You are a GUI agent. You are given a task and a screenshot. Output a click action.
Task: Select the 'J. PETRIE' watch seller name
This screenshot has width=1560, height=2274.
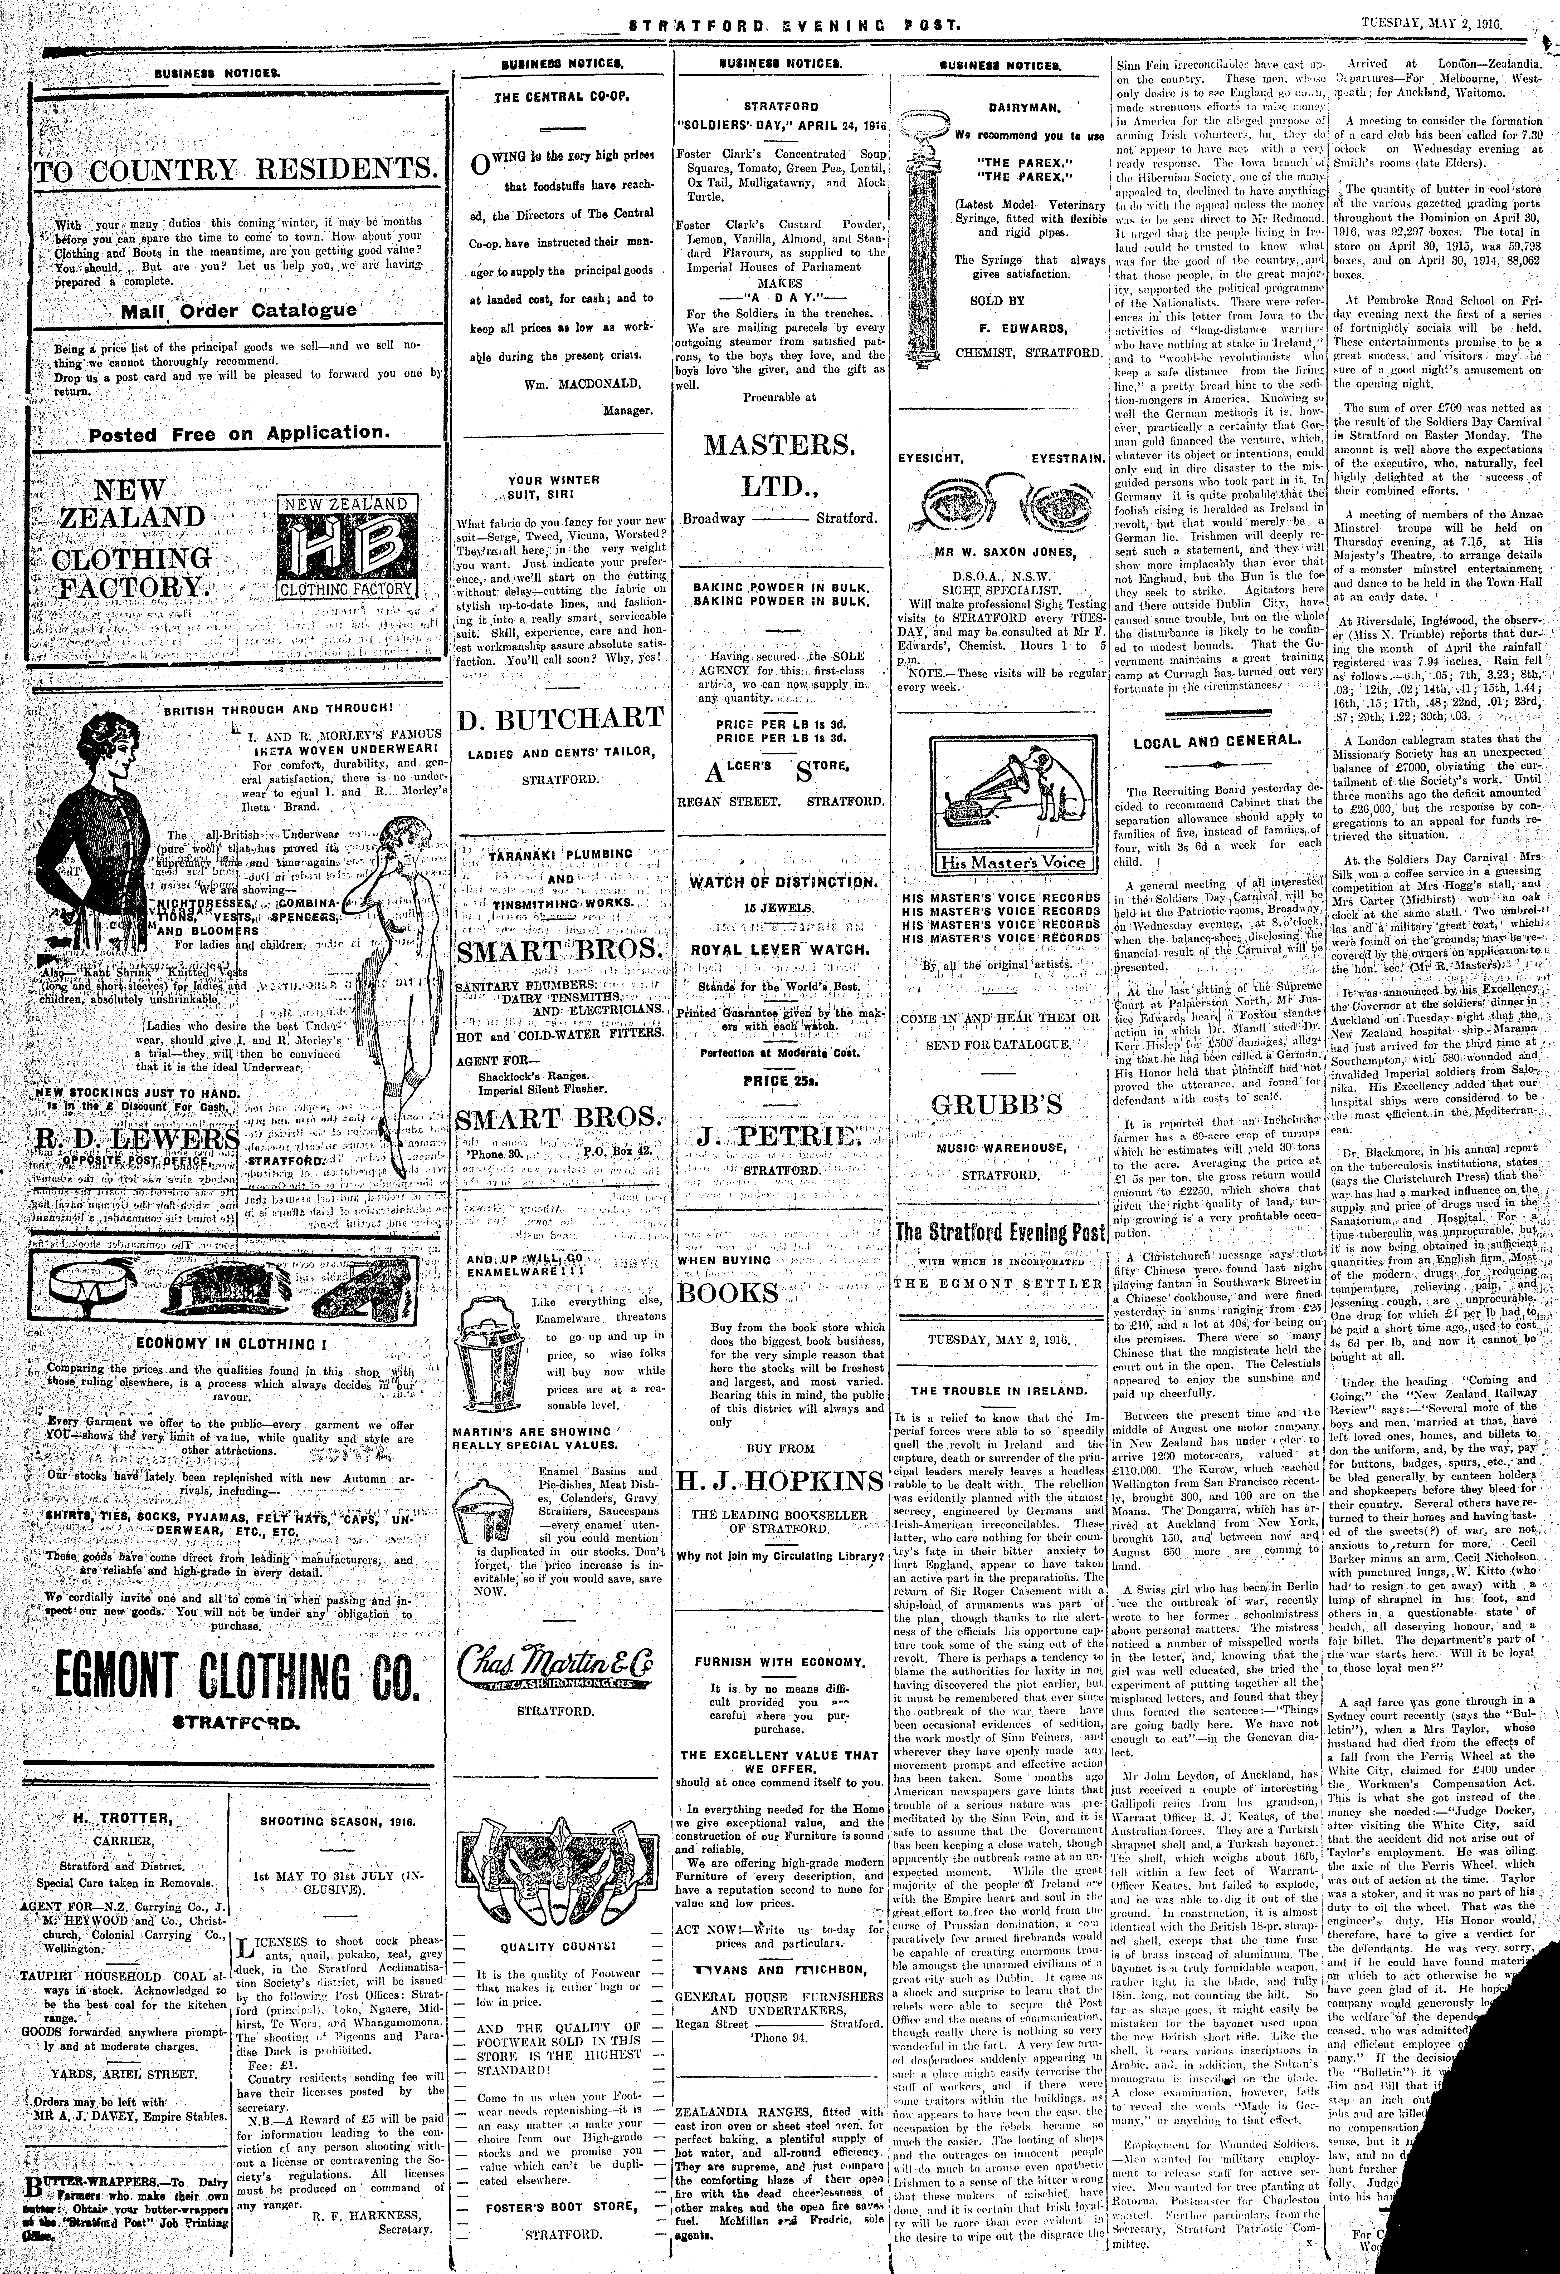point(780,1137)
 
